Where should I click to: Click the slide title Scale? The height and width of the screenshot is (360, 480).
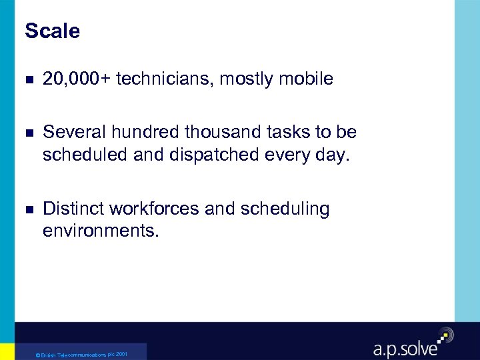52,31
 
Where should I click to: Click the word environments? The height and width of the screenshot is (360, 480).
101,232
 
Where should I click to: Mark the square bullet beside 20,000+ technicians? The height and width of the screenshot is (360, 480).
27,80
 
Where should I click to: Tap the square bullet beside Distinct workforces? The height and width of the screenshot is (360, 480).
27,210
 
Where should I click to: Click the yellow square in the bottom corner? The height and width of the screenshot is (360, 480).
7,351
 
